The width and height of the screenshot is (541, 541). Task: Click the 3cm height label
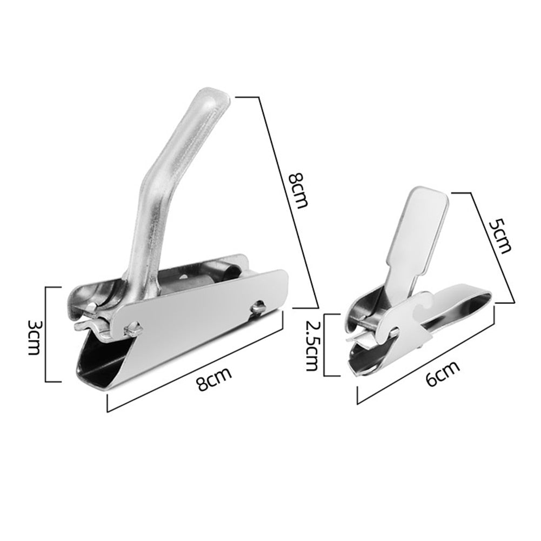tap(34, 336)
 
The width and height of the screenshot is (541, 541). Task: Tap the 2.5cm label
tap(312, 344)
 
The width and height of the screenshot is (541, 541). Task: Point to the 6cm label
tap(443, 373)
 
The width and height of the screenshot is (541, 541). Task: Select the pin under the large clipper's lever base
tap(131, 327)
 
